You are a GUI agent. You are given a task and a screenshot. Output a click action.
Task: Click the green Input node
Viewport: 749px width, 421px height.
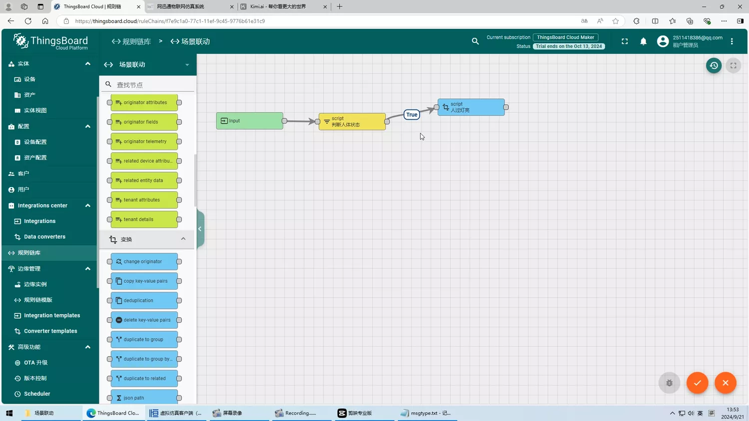(x=250, y=121)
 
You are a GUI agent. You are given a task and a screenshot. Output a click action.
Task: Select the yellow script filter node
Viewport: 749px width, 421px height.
(x=352, y=121)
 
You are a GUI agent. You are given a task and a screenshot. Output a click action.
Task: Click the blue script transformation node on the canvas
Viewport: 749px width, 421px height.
(x=471, y=107)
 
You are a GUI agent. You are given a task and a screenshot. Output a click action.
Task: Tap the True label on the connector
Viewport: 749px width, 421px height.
(x=411, y=115)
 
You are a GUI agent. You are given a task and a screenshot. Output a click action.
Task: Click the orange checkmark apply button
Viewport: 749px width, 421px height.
(x=697, y=383)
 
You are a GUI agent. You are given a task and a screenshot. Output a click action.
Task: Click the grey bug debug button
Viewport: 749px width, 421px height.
(x=669, y=383)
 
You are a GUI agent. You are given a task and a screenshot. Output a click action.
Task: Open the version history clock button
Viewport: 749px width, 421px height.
(x=714, y=65)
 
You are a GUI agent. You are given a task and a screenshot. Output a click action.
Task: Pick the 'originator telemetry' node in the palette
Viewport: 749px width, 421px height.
(x=144, y=141)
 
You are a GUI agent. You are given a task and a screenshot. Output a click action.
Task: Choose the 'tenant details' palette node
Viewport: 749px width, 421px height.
(x=144, y=219)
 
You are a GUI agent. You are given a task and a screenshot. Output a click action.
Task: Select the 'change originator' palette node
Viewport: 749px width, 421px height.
(x=144, y=261)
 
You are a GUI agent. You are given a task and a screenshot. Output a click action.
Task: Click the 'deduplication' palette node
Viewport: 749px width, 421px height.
(x=144, y=300)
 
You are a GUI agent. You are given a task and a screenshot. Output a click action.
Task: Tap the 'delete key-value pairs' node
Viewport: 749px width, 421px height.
(x=144, y=320)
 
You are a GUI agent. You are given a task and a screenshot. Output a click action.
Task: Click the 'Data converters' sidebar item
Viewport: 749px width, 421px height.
(x=44, y=236)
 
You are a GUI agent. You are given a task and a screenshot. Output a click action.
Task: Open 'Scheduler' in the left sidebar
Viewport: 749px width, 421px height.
(x=37, y=394)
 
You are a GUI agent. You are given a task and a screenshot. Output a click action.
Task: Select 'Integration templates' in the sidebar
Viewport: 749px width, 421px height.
(x=52, y=315)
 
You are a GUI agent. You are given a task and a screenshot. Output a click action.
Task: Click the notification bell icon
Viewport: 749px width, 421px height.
(x=643, y=41)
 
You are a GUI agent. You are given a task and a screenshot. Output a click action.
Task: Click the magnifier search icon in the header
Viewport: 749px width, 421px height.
(x=475, y=41)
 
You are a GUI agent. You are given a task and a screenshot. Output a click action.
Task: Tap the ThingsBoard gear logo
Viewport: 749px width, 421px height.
(x=21, y=41)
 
